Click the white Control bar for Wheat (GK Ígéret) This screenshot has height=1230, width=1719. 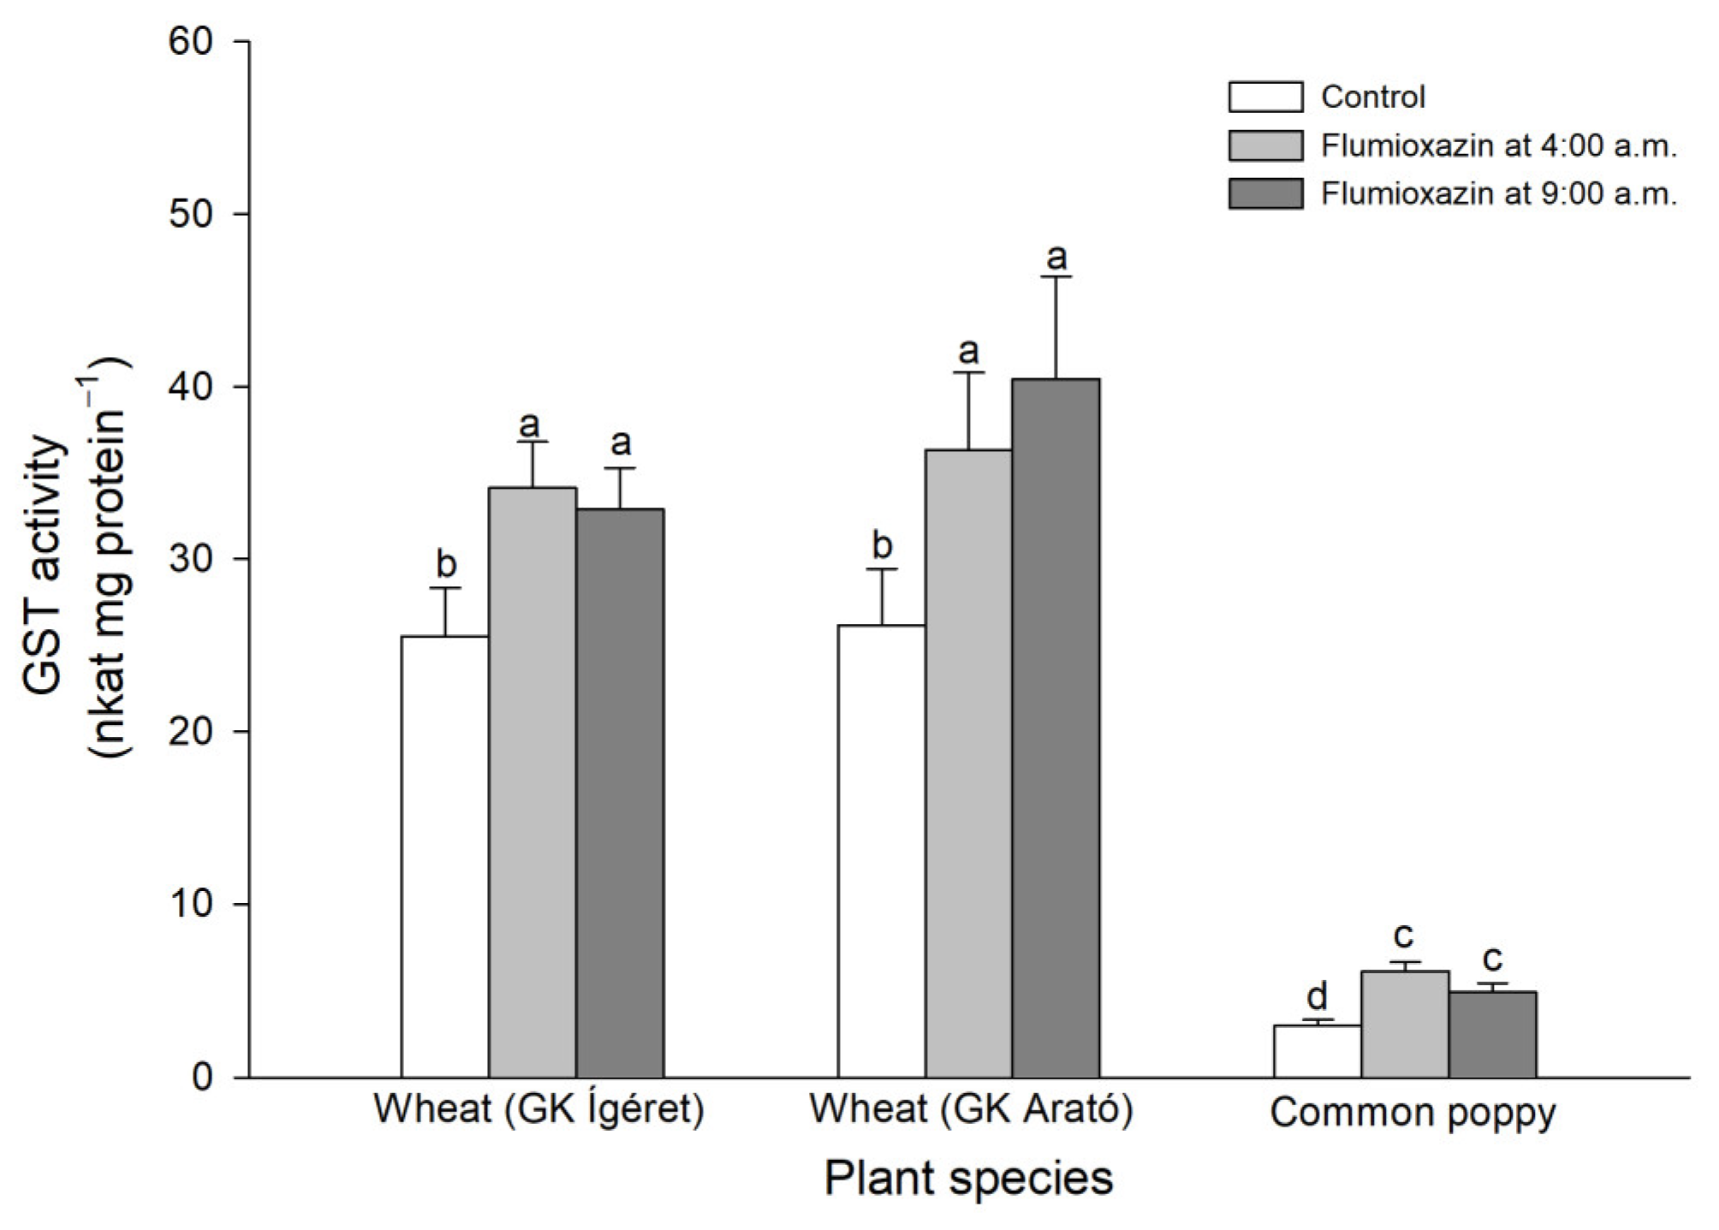(444, 856)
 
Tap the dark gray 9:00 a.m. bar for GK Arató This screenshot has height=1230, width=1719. (1055, 728)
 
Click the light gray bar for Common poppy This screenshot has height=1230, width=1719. (1404, 1024)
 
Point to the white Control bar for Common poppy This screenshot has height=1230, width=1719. (1317, 1051)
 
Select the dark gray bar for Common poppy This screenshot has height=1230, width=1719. (1492, 1034)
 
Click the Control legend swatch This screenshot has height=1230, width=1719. (1265, 97)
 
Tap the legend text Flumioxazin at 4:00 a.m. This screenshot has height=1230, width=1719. (1498, 146)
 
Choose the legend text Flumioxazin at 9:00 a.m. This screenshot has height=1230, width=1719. (1498, 194)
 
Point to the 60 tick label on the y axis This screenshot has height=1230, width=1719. (190, 41)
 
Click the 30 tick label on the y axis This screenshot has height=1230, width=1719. (190, 559)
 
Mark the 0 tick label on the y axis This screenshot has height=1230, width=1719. (202, 1077)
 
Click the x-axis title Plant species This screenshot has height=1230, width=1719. (968, 1178)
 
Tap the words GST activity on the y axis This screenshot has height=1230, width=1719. (43, 565)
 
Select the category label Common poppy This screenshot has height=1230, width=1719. (1413, 1112)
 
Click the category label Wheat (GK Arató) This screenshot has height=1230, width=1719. (971, 1108)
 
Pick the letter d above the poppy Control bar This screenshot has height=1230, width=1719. (1317, 995)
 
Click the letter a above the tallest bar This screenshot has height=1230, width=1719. (1057, 256)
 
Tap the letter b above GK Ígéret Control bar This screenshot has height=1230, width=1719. (446, 564)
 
